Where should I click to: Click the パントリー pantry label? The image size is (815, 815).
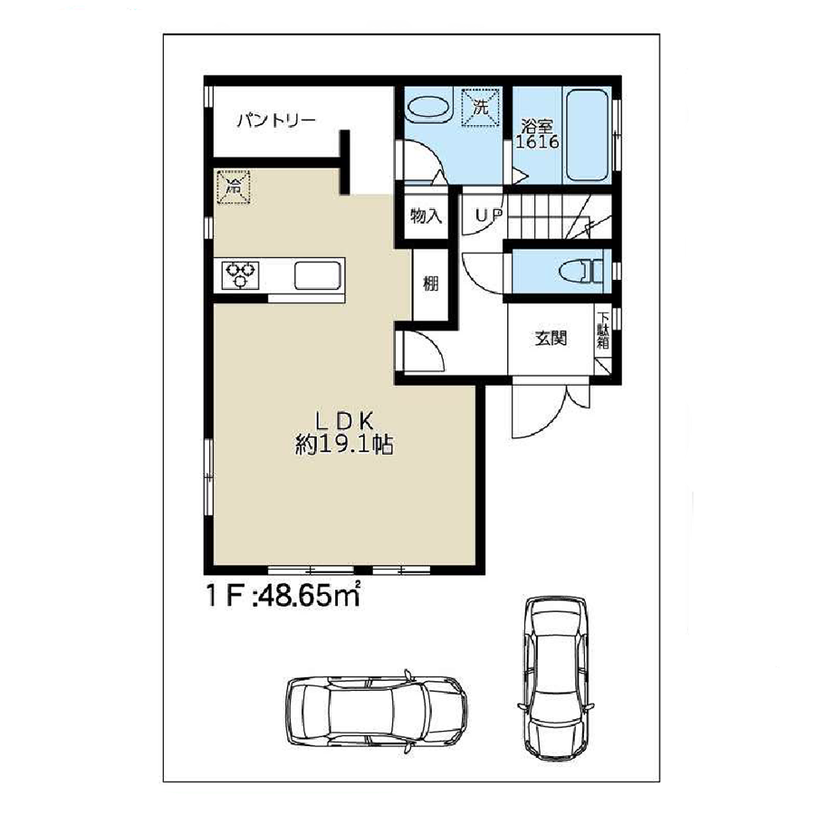point(276,121)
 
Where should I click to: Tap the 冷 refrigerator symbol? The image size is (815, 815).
point(234,187)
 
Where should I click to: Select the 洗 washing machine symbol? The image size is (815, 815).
point(481,108)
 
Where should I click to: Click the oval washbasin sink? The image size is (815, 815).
point(428,108)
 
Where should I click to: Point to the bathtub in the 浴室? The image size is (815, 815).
point(587,136)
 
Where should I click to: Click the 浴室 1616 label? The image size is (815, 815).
point(537,134)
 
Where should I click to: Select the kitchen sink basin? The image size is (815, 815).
point(318,275)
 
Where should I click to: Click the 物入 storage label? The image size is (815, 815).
point(427,216)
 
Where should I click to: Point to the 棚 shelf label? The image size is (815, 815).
point(430,283)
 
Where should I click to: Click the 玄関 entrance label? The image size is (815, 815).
point(551,339)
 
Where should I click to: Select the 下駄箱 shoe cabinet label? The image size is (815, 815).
point(603,330)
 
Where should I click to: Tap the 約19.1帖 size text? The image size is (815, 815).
point(344,445)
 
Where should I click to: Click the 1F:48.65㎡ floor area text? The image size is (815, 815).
point(283,595)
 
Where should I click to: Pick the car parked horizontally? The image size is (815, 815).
point(377,711)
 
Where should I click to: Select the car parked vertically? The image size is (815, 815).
point(556,677)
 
